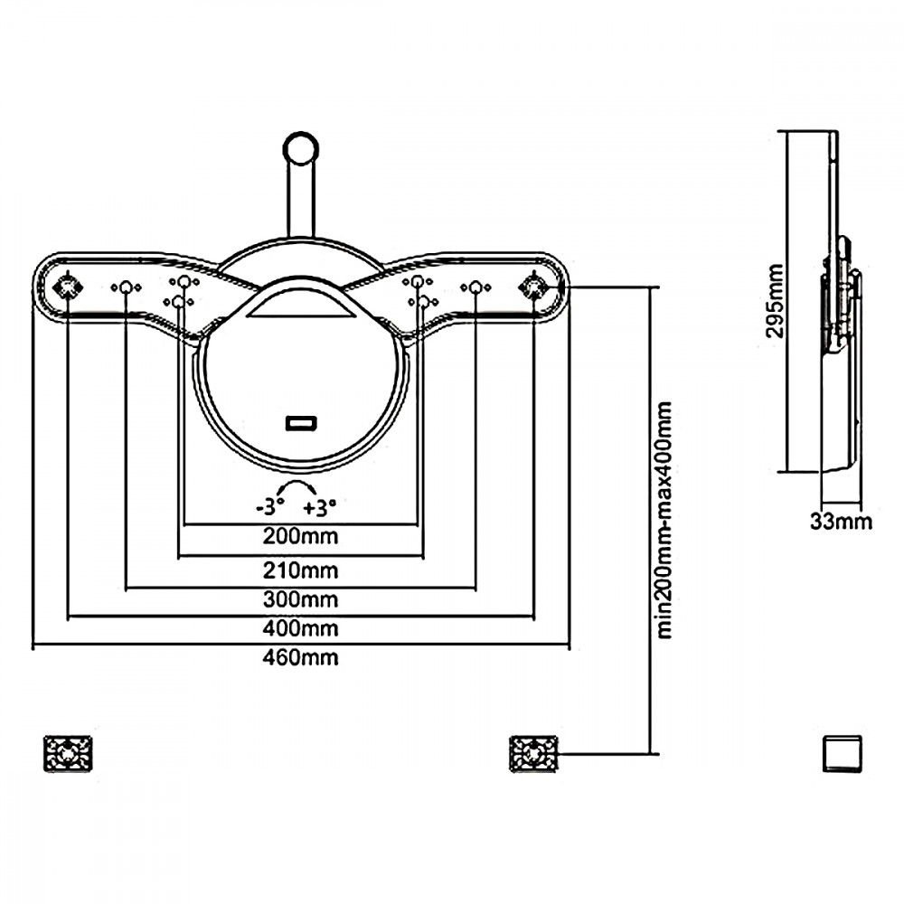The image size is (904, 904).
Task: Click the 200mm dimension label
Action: (x=300, y=537)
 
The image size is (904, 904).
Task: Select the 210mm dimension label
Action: (x=300, y=570)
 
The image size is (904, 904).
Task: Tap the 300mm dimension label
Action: (x=300, y=598)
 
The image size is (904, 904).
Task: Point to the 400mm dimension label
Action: (x=300, y=627)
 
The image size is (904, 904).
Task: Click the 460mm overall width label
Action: (x=300, y=658)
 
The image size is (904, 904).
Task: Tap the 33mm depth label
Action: (x=842, y=522)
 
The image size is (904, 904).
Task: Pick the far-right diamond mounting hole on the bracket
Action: (x=532, y=287)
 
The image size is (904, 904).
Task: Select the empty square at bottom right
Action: (x=842, y=753)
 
